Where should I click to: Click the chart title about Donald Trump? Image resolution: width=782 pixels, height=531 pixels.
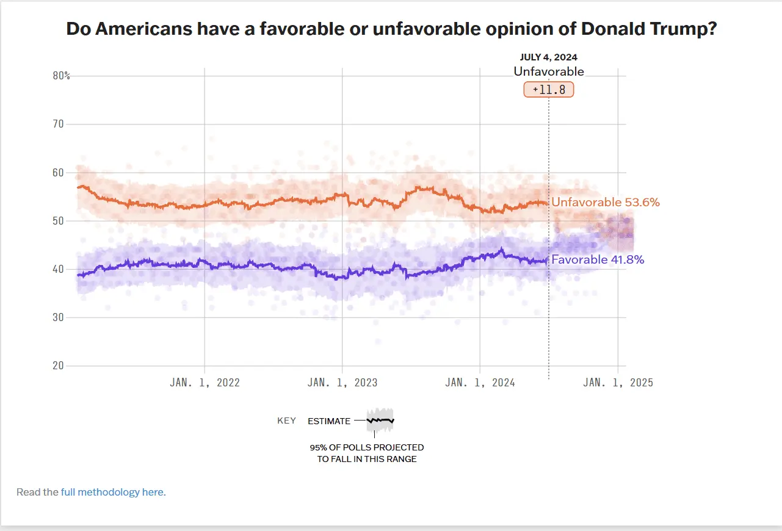point(391,29)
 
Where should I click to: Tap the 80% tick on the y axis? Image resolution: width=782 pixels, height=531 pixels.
point(62,76)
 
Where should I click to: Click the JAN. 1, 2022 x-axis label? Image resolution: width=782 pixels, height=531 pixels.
point(205,383)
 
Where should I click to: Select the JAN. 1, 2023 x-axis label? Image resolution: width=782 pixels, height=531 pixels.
point(342,383)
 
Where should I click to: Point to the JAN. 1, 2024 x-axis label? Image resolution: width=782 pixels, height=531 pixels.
point(480,383)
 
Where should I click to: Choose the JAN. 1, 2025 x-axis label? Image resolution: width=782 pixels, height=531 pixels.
point(618,383)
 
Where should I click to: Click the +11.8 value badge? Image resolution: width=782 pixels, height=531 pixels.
point(548,89)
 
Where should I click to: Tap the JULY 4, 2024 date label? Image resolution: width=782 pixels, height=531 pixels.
point(548,57)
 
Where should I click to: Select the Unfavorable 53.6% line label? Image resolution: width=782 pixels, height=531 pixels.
point(605,202)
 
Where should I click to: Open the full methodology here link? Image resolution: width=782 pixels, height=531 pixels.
point(113,492)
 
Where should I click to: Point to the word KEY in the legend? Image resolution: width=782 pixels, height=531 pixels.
point(286,421)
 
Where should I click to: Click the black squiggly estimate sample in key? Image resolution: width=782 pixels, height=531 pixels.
point(380,421)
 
